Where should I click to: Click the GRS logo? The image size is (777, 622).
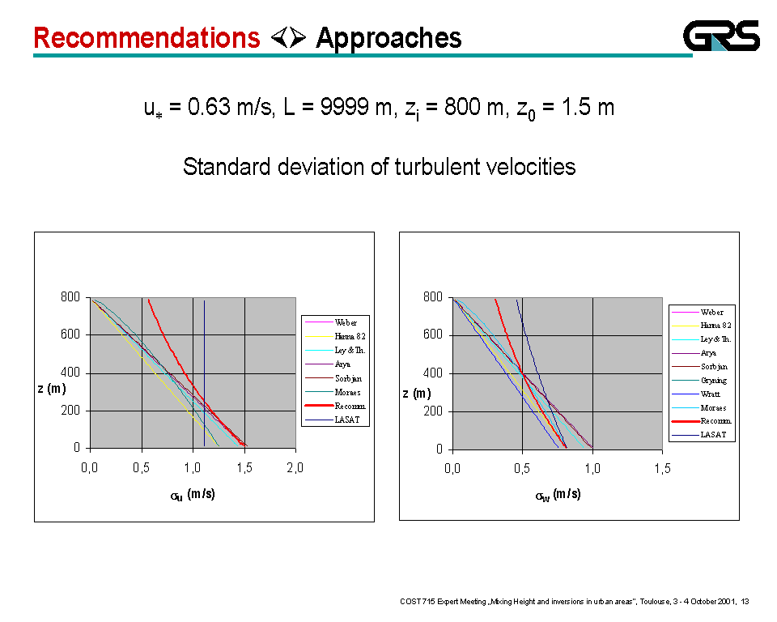721,36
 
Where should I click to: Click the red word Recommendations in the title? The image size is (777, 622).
146,38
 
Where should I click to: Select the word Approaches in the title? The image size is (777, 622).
388,38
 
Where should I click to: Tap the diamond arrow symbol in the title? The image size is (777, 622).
287,37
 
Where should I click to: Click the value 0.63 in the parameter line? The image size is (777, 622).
209,107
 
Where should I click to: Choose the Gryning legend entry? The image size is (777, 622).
713,380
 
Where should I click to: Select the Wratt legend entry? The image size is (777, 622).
711,394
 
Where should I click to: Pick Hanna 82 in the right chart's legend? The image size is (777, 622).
715,326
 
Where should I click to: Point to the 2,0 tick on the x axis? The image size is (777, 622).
295,466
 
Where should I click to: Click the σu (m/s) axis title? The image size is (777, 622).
193,495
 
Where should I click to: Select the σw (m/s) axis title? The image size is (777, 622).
558,496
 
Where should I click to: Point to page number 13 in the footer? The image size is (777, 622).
745,601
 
